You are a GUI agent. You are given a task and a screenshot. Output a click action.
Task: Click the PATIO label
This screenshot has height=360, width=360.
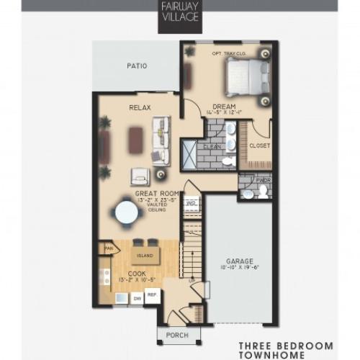[x=137, y=66]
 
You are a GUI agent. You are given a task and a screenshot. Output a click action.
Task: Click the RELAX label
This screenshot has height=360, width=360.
[x=139, y=108]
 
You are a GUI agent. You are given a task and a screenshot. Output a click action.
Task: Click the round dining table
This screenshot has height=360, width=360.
[x=127, y=213]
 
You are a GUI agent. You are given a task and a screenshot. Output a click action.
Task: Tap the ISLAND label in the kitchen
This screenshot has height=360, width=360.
[x=145, y=256]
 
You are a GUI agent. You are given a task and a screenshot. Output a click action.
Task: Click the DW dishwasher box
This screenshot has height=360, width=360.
[x=136, y=296]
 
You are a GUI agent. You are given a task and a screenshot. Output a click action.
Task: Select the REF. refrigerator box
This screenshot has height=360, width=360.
[x=153, y=295]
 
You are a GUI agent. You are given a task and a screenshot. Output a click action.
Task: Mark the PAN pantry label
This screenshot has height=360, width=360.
[x=109, y=249]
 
